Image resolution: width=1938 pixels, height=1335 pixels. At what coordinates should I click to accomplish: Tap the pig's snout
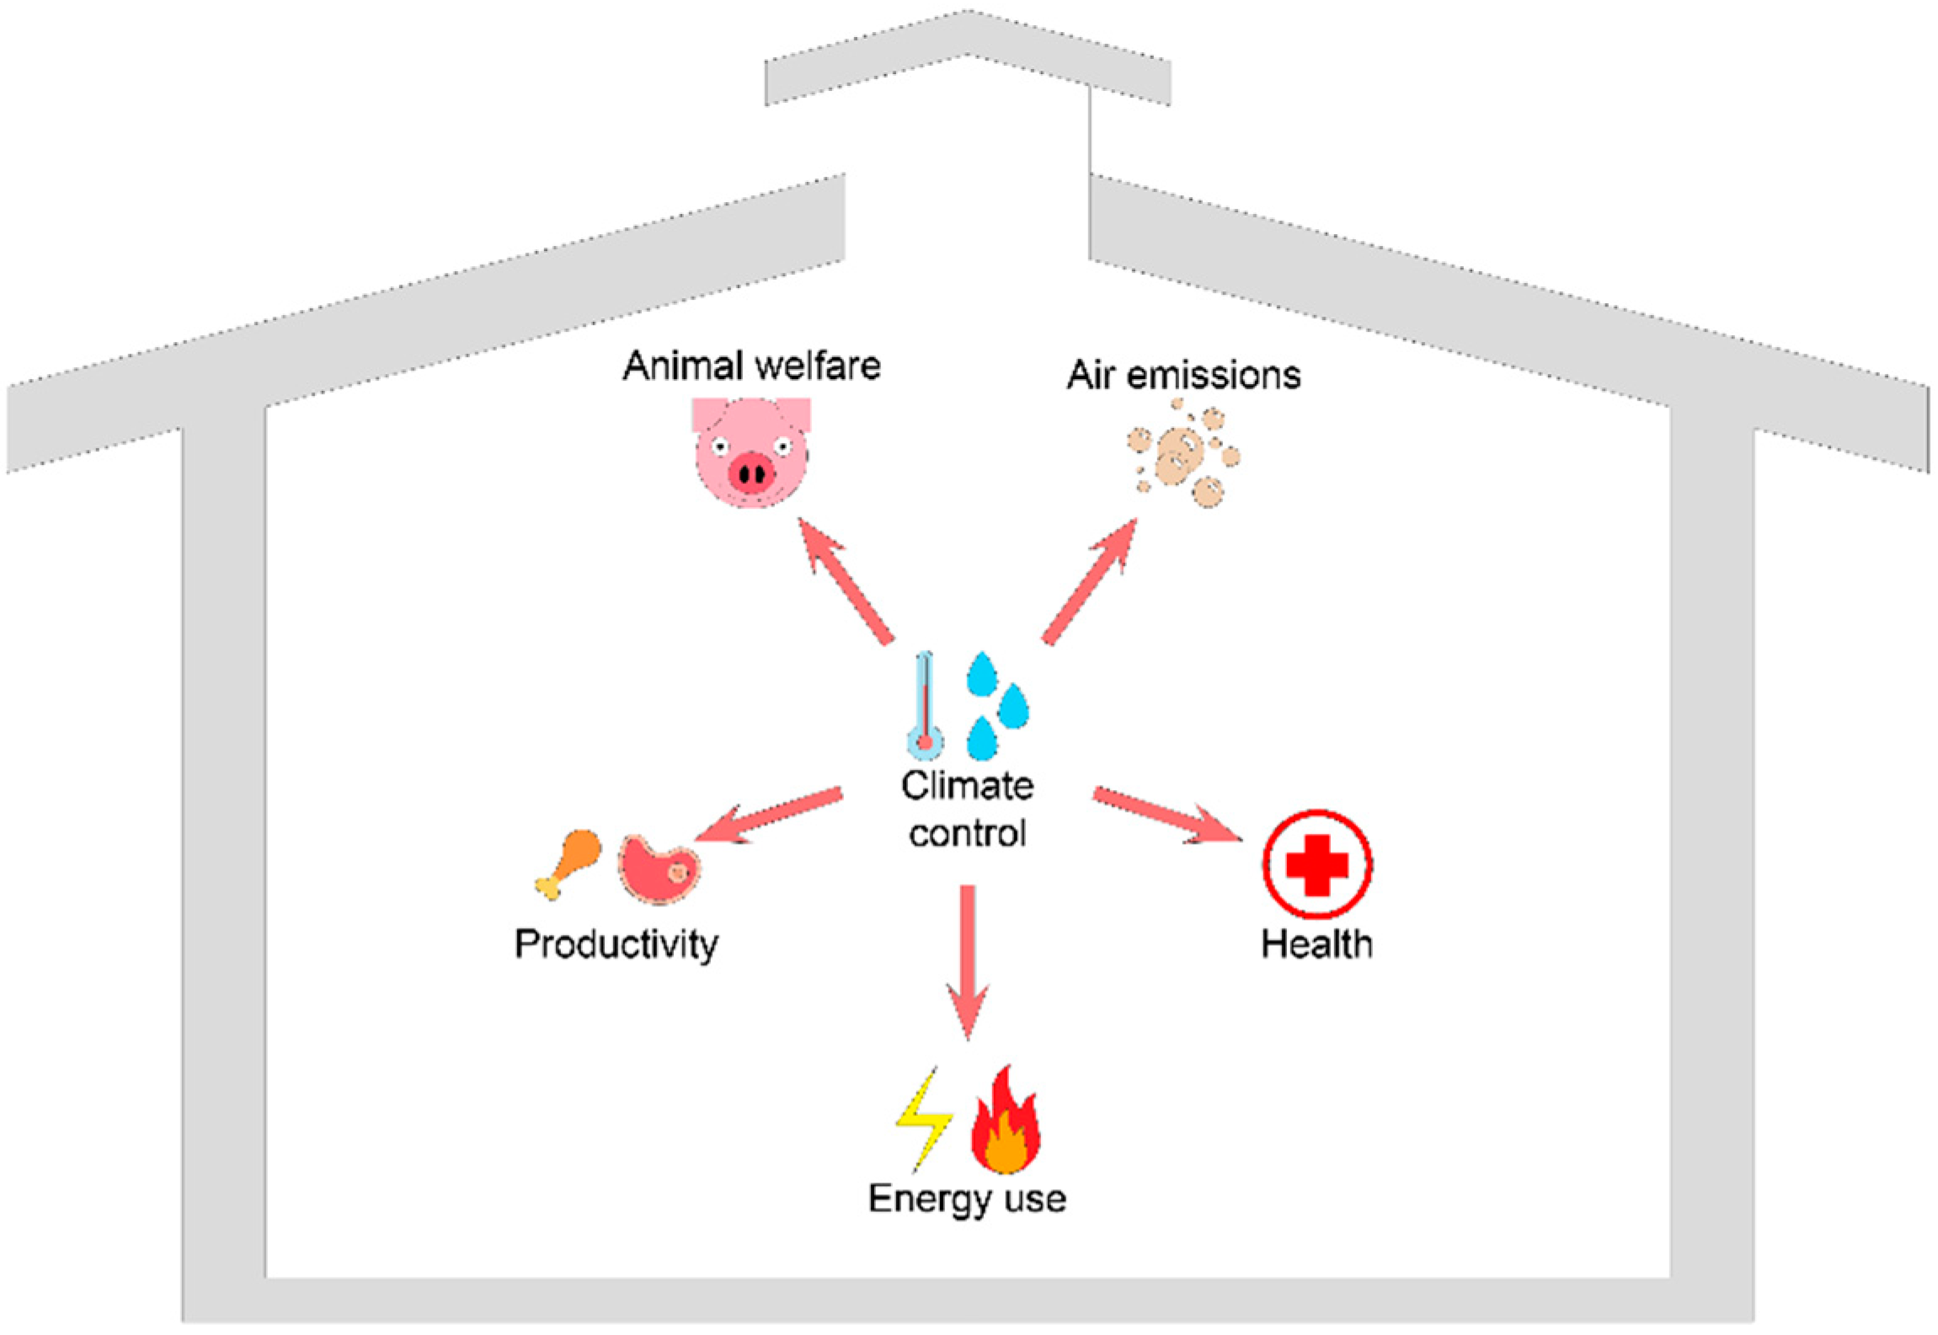tap(751, 473)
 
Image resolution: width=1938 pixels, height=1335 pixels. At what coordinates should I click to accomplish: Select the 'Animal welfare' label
tap(751, 366)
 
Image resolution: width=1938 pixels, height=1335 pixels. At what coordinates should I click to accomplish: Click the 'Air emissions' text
tap(1183, 375)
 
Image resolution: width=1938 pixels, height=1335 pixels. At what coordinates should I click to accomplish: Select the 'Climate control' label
tap(968, 809)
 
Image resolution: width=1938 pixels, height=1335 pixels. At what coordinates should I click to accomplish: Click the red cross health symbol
tap(1316, 865)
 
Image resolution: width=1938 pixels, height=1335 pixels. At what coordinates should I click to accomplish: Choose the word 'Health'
tap(1316, 944)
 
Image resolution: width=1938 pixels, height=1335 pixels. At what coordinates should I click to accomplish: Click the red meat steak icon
tap(659, 868)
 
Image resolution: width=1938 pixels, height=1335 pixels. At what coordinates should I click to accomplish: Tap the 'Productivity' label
tap(617, 944)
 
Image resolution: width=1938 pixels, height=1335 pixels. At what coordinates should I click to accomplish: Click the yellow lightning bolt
tap(921, 1121)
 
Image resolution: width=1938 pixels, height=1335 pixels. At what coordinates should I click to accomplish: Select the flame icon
tap(1006, 1122)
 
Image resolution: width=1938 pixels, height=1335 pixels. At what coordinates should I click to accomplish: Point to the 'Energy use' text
tap(967, 1199)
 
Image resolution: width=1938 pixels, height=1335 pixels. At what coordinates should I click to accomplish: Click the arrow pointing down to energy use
tap(968, 960)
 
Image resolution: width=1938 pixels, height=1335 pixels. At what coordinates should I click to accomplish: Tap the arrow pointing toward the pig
tap(845, 581)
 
